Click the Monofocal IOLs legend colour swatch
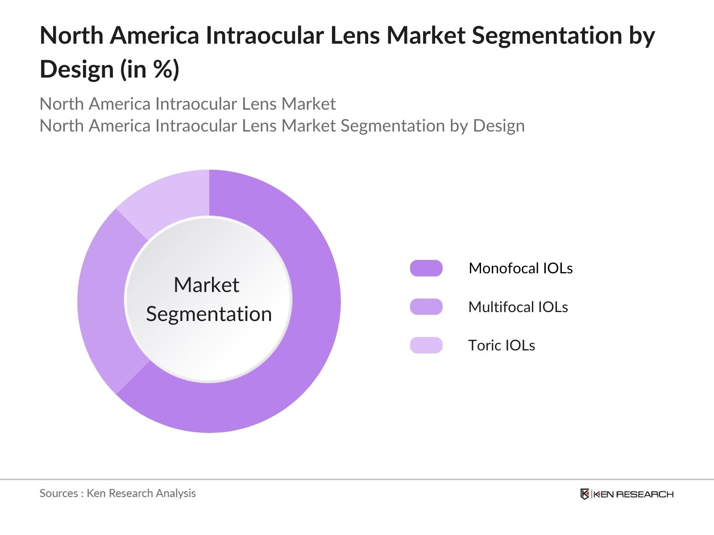coord(426,268)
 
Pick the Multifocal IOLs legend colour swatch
coord(426,307)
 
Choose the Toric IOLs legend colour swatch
coord(426,346)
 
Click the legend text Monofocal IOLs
coord(520,268)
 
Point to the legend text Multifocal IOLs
coord(518,307)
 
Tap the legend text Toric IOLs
coord(501,346)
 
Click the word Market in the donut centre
coord(206,285)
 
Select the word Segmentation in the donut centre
coord(209,314)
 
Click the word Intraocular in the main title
coord(264,36)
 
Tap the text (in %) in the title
coord(149,70)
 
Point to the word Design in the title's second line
coord(77,70)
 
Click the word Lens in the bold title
coord(355,36)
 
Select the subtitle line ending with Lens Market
coord(187,104)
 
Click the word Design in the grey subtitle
coord(498,126)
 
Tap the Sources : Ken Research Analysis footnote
coord(117,493)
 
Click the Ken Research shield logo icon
coord(585,494)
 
